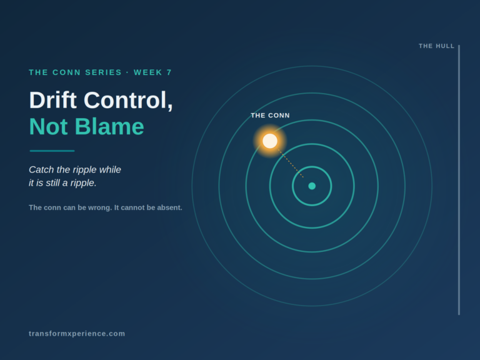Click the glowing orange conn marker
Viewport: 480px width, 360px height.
(x=270, y=141)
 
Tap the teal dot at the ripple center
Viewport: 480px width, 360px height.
(x=312, y=186)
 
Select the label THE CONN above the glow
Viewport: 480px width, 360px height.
(x=270, y=116)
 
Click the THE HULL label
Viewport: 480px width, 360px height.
(x=436, y=46)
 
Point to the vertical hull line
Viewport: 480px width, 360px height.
(x=459, y=180)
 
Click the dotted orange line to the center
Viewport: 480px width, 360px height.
(x=291, y=163)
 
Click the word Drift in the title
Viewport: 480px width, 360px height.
(x=52, y=100)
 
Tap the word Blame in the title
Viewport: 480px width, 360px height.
(x=109, y=127)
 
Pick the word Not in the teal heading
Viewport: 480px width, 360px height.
(x=48, y=127)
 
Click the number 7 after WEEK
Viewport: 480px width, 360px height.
(x=169, y=72)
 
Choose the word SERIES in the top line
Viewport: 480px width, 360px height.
(x=104, y=72)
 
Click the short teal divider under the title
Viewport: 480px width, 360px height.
(x=52, y=151)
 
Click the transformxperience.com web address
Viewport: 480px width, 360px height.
(x=77, y=334)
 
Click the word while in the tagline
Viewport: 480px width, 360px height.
(x=110, y=169)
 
